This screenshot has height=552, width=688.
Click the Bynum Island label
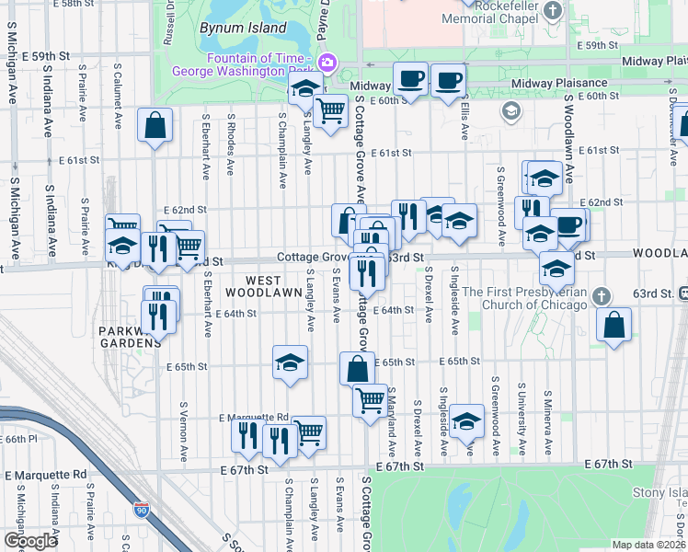point(243,28)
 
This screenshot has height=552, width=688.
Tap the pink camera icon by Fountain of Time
point(328,62)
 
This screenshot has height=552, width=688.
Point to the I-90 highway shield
point(141,509)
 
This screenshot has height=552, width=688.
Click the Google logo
point(30,541)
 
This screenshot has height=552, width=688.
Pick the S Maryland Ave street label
point(391,420)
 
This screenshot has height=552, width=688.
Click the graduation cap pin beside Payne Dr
point(304,88)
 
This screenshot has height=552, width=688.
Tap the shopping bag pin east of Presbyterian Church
point(613,323)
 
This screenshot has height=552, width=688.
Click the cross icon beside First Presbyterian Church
point(602,296)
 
